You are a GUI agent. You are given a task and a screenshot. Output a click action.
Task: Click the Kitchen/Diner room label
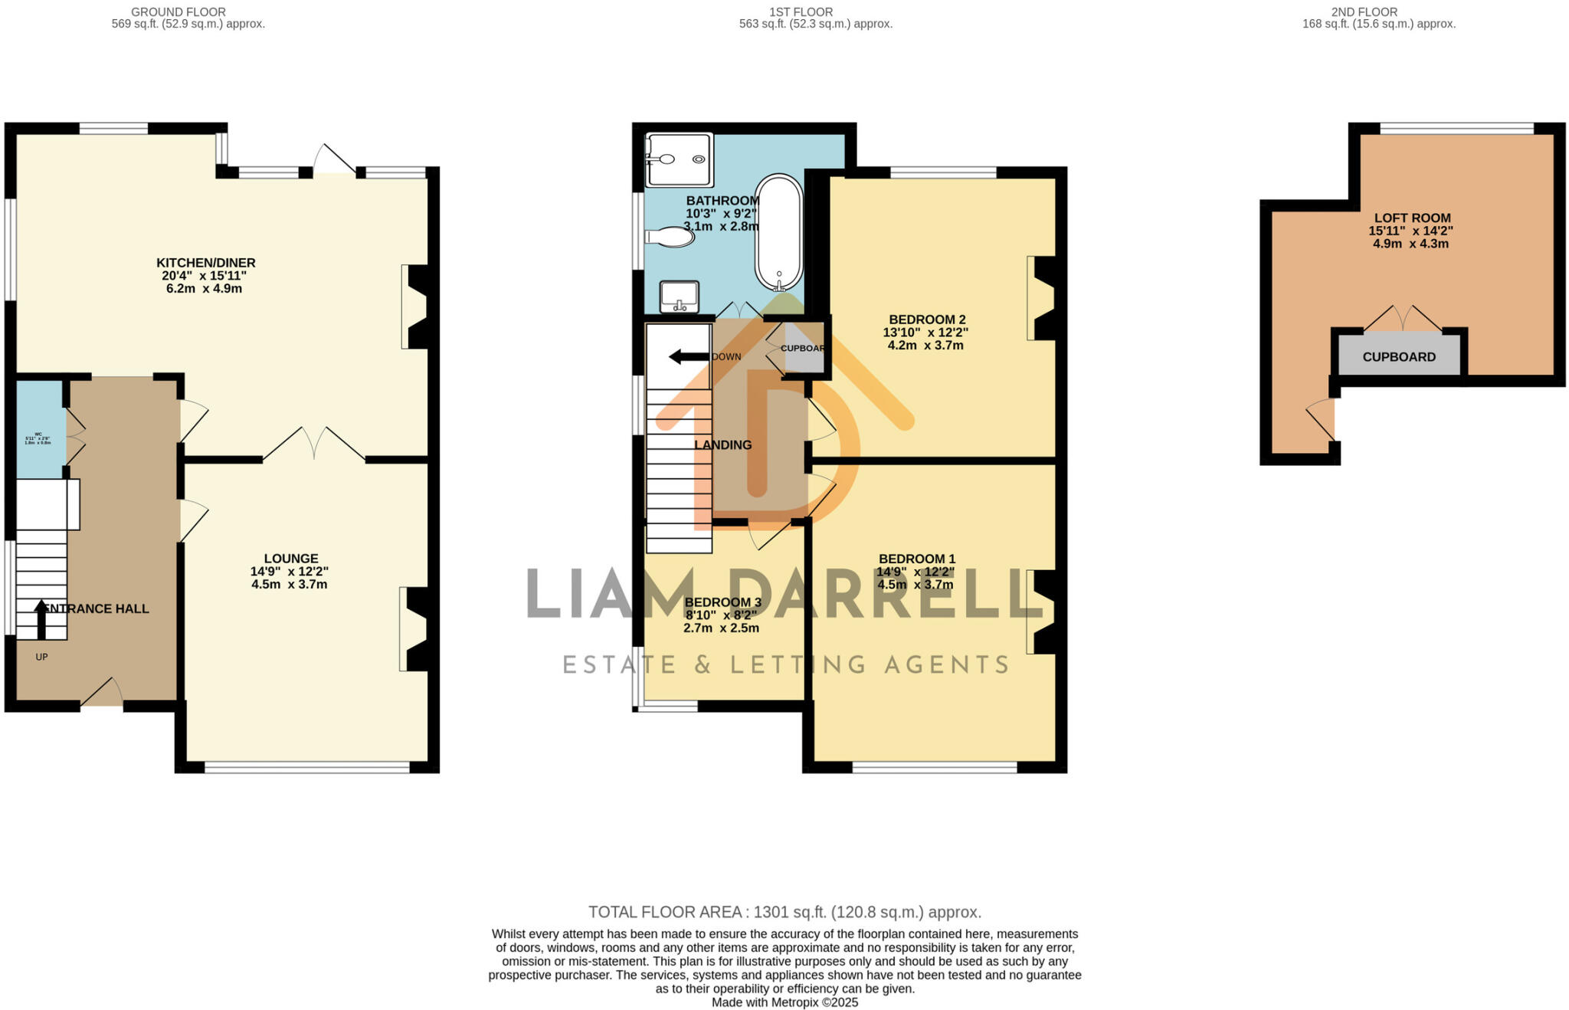[205, 263]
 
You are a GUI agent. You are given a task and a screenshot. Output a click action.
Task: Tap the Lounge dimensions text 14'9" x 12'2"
[289, 572]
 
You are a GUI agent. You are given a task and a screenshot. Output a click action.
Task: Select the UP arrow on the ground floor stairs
[41, 619]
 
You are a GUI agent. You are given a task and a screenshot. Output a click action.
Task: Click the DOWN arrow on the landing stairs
[688, 356]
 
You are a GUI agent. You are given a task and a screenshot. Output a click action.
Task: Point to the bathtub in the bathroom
[779, 232]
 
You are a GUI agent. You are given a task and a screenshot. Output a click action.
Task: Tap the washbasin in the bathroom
[680, 297]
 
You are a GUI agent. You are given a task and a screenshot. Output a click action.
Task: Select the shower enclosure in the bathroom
[679, 160]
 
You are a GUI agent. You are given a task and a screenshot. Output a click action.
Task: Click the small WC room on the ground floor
[41, 429]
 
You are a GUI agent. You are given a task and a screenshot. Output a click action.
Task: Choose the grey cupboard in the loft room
[1399, 356]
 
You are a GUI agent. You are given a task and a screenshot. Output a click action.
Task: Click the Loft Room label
[1412, 218]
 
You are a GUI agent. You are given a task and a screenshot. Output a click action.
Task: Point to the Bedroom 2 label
[927, 320]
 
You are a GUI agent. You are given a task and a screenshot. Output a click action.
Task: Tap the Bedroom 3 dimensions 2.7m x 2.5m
[721, 628]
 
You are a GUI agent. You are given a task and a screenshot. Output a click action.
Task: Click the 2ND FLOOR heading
[1379, 11]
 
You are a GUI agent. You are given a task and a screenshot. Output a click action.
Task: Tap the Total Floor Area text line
[784, 912]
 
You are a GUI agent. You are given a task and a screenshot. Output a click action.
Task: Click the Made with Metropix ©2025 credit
[784, 1002]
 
